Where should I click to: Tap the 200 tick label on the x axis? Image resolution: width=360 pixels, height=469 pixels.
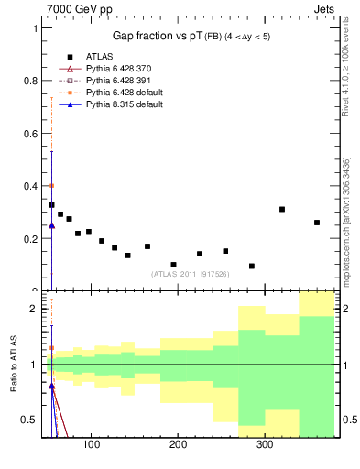tap(178, 445)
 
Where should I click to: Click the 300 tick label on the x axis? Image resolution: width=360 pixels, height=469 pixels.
tap(264, 445)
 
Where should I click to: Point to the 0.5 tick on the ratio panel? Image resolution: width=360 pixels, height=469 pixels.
tap(31, 420)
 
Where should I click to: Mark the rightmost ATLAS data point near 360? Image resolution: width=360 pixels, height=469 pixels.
tap(317, 223)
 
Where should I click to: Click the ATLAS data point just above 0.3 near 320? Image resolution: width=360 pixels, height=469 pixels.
tap(282, 210)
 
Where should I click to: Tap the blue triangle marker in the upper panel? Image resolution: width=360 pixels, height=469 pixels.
tap(51, 224)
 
